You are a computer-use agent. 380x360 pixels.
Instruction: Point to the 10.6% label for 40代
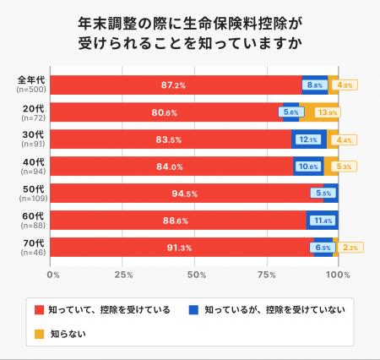point(308,166)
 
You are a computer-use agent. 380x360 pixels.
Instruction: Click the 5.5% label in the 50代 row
point(323,194)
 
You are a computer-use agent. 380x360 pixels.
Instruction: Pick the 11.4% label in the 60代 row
point(323,221)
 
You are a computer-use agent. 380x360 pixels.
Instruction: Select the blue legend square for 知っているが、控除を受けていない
point(193,310)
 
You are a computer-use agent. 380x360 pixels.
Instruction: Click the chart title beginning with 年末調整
point(190,31)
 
